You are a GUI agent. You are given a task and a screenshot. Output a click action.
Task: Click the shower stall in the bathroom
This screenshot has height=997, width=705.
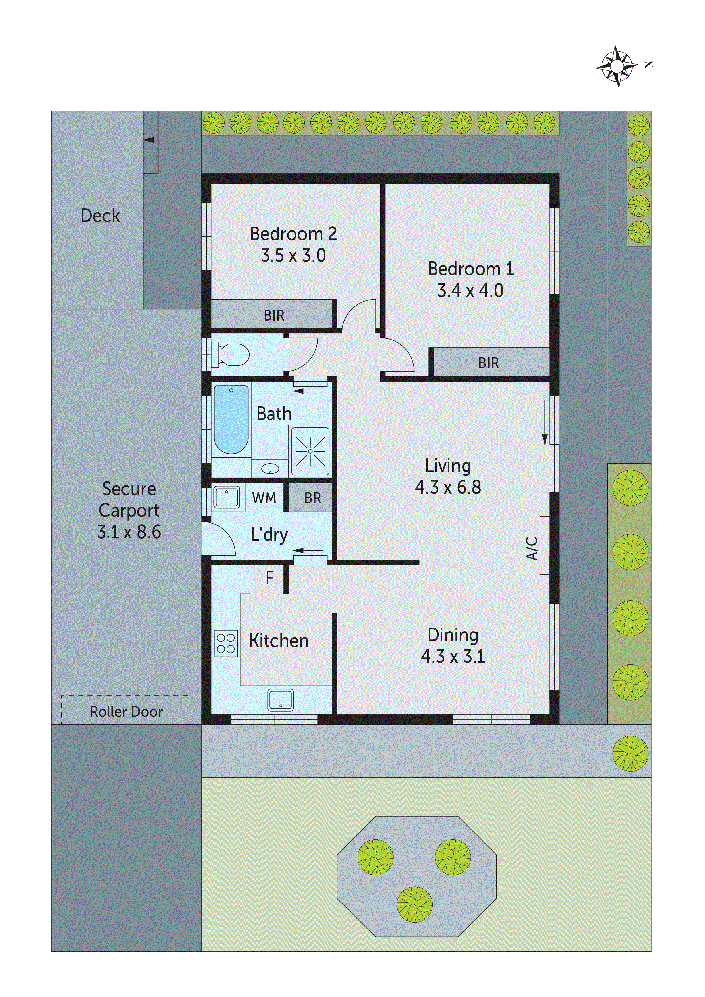point(310,451)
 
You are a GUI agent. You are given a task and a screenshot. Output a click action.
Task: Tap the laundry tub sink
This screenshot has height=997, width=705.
point(226,497)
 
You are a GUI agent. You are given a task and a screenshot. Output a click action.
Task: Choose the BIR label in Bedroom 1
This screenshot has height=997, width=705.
point(489,363)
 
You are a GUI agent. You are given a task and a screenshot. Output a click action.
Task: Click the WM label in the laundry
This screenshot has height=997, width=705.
point(264,498)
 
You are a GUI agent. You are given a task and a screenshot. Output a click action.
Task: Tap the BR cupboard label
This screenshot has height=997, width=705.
point(313,498)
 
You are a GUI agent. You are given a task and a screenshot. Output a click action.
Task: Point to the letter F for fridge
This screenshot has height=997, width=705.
point(269,578)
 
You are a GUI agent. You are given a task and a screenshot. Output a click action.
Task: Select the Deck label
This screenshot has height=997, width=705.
point(100,215)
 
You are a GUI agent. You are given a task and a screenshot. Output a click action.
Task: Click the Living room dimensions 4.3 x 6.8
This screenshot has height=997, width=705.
point(448,487)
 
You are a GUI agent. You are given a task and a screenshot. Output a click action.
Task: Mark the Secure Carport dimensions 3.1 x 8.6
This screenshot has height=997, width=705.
point(129,532)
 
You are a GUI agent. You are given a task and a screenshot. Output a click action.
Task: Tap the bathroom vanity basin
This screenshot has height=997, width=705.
point(270,469)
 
